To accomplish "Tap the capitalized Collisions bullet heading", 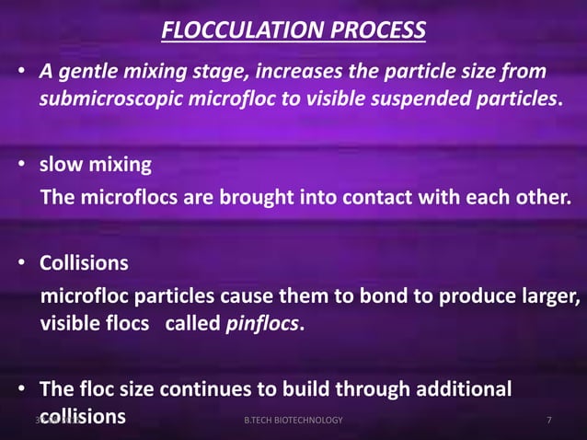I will pos(84,264).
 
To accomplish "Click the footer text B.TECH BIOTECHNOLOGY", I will pos(293,421).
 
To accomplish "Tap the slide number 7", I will pos(549,421).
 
